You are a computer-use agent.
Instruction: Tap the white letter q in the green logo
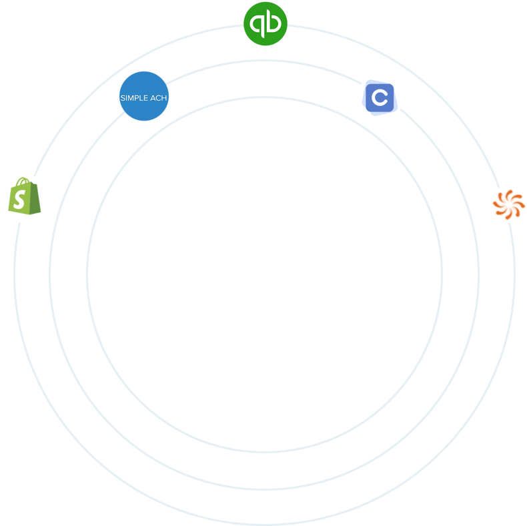coord(257,25)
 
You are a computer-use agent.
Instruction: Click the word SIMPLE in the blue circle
coord(132,97)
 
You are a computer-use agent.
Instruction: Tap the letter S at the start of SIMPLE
coord(122,97)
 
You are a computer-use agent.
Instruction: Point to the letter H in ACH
coord(164,97)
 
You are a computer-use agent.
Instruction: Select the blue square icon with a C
coord(380,99)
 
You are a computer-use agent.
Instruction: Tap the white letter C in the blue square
coord(380,99)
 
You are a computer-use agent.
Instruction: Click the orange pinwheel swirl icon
coord(508,204)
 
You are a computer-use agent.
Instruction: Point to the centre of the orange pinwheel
coord(508,204)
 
